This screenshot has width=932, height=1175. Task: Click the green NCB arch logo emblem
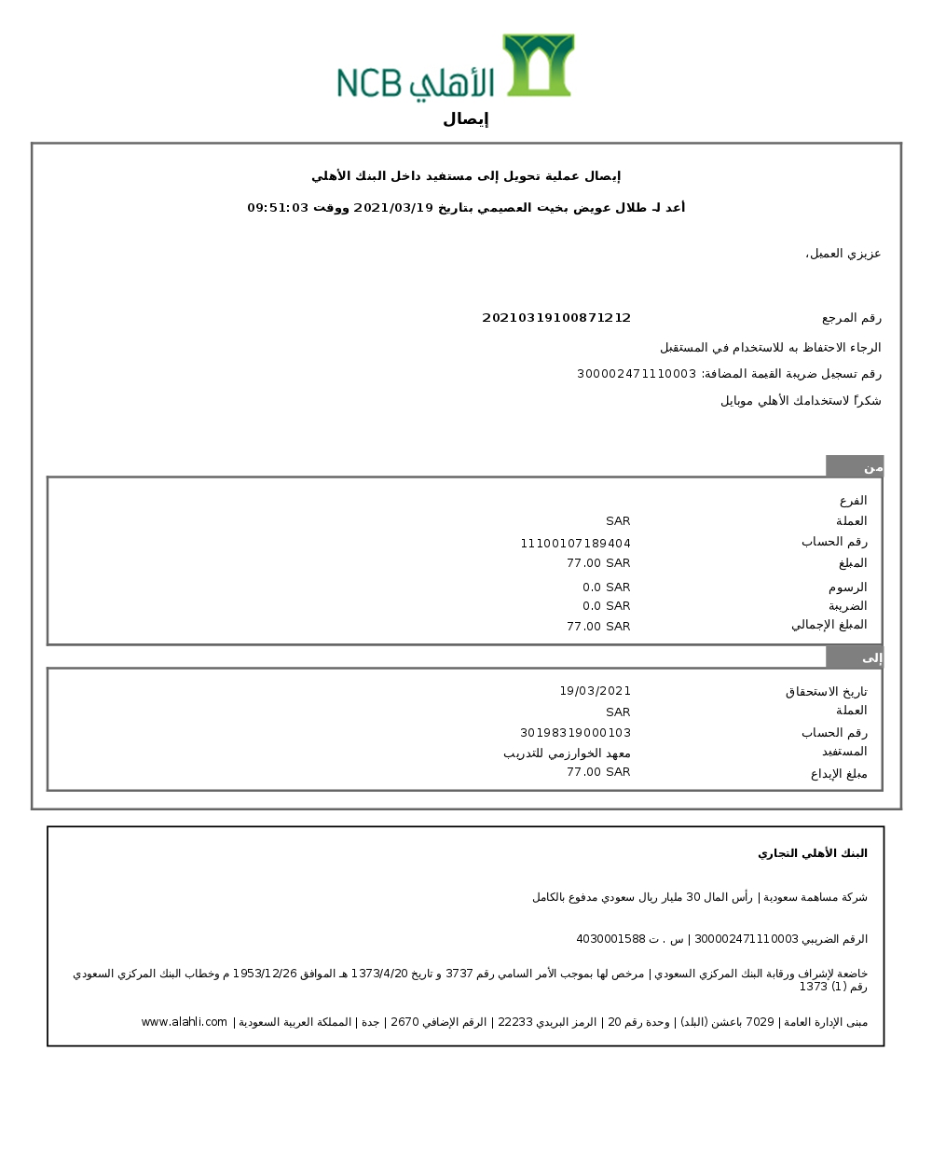[x=538, y=64]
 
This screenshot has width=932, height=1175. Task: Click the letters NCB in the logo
[x=368, y=83]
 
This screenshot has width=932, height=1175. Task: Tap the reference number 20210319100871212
[x=556, y=318]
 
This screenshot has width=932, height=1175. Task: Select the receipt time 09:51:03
[x=278, y=208]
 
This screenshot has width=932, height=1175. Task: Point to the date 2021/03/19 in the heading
[x=393, y=208]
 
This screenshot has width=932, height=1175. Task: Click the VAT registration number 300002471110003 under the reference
[x=637, y=374]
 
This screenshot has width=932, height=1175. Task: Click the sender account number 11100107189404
[x=575, y=544]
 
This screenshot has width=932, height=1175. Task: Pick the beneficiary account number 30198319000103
[x=575, y=733]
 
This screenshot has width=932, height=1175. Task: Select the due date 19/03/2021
[x=595, y=691]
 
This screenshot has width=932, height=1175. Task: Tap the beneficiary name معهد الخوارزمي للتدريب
[x=567, y=753]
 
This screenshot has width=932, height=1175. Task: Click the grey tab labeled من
[x=855, y=466]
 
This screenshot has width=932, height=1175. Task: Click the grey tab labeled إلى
[x=855, y=657]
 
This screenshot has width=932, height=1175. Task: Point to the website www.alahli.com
[x=184, y=1022]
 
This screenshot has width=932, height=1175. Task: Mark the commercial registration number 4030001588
[x=610, y=939]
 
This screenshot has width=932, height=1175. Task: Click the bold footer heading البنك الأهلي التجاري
[x=812, y=853]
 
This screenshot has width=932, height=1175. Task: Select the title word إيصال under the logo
[x=465, y=119]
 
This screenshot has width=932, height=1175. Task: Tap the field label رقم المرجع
[x=851, y=318]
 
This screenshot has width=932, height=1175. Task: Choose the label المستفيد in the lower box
[x=844, y=752]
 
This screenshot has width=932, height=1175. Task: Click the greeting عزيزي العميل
[x=843, y=254]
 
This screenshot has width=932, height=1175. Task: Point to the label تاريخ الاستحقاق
[x=826, y=692]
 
